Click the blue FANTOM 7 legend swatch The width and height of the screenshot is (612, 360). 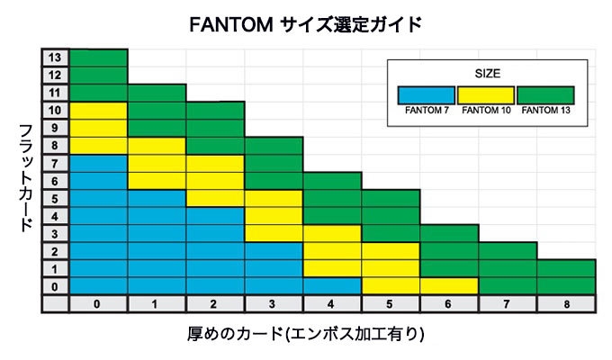tap(427, 94)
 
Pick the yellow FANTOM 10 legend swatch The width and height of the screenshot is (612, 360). tap(485, 94)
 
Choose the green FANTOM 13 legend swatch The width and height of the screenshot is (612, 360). tap(545, 94)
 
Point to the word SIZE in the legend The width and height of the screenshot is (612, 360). tap(486, 72)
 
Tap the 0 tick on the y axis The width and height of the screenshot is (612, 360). tap(54, 286)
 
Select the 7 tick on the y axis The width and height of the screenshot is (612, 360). tap(54, 163)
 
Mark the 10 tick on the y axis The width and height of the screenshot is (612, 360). tap(54, 110)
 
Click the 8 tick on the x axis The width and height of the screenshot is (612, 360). tap(566, 304)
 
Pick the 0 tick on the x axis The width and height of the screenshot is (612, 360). tap(97, 304)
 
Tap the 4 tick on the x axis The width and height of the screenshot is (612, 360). tap(332, 304)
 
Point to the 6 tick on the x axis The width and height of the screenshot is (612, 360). tap(449, 304)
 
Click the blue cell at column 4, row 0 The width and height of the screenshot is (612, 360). tap(332, 285)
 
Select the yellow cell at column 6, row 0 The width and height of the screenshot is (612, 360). tap(449, 285)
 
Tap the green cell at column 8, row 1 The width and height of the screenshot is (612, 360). tap(566, 268)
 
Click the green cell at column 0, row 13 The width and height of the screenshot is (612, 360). tap(98, 58)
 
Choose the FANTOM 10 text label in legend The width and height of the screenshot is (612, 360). tap(485, 111)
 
